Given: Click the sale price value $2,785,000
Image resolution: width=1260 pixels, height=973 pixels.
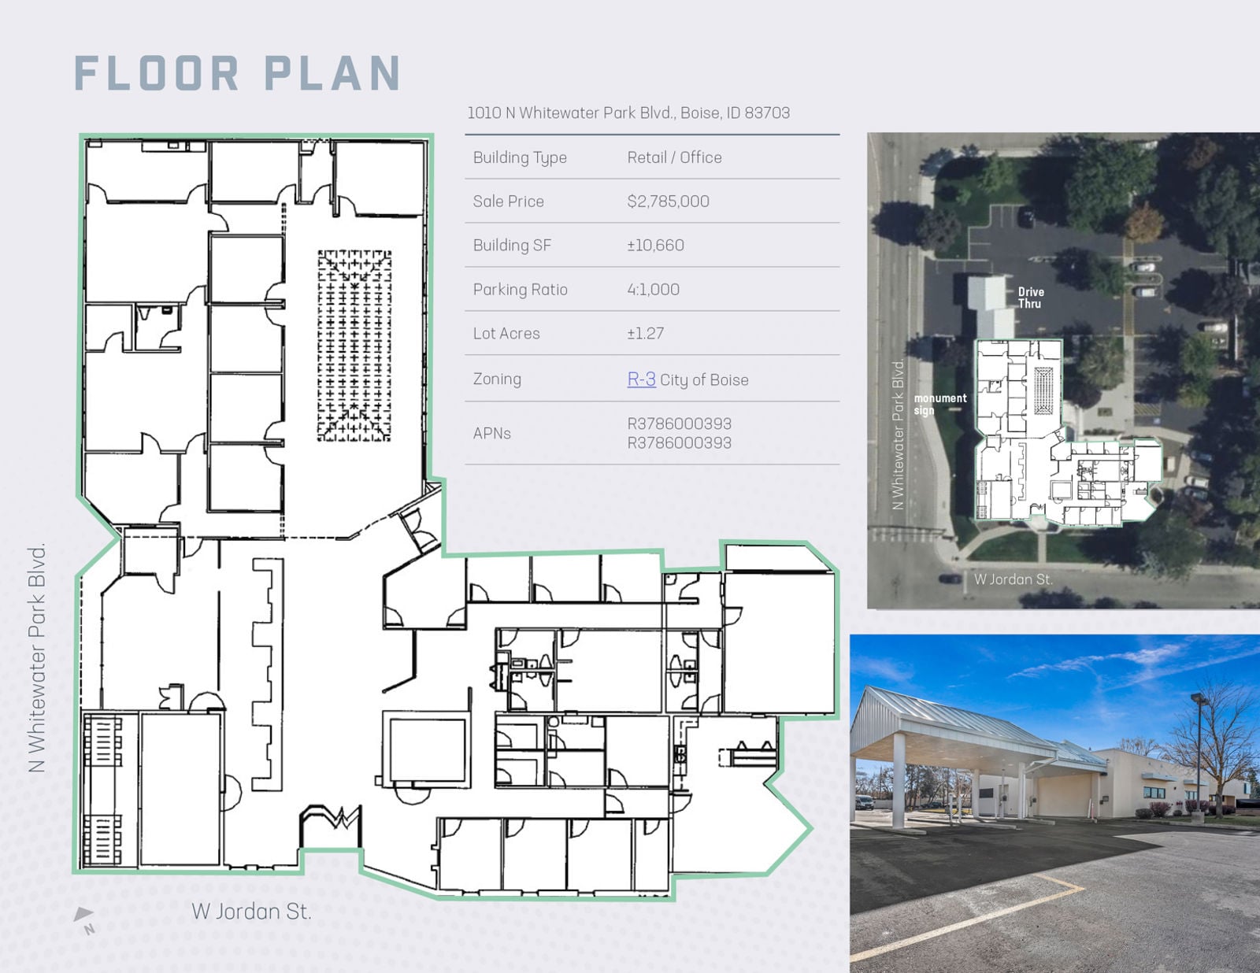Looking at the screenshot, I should [668, 202].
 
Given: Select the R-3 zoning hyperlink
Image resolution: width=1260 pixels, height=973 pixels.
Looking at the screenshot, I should [641, 379].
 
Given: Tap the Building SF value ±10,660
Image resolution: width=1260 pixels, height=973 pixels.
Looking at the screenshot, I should [655, 246].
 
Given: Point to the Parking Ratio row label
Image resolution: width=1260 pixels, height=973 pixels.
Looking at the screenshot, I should [520, 290].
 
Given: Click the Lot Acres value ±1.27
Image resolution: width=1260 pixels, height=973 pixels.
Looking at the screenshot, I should [645, 334].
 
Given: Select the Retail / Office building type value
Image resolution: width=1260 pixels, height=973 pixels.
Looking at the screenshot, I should [674, 157].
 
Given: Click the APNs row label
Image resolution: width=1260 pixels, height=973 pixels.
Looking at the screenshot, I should [491, 434].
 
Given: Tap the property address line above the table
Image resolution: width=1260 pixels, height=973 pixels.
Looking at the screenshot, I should [628, 113].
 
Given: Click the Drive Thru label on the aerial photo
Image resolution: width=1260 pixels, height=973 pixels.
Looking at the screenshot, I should [1030, 298].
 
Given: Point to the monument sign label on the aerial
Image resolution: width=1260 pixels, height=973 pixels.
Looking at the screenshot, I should [939, 404].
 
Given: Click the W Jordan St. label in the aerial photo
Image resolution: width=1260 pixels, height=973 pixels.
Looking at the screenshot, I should [1013, 579].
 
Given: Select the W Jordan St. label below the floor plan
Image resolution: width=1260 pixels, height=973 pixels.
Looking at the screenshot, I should [251, 912].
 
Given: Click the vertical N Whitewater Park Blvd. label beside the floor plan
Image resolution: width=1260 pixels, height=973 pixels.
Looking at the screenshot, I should [37, 657].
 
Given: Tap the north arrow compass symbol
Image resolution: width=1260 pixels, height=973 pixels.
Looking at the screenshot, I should [84, 919].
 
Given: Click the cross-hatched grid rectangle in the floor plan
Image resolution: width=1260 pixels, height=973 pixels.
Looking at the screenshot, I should [354, 346].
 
